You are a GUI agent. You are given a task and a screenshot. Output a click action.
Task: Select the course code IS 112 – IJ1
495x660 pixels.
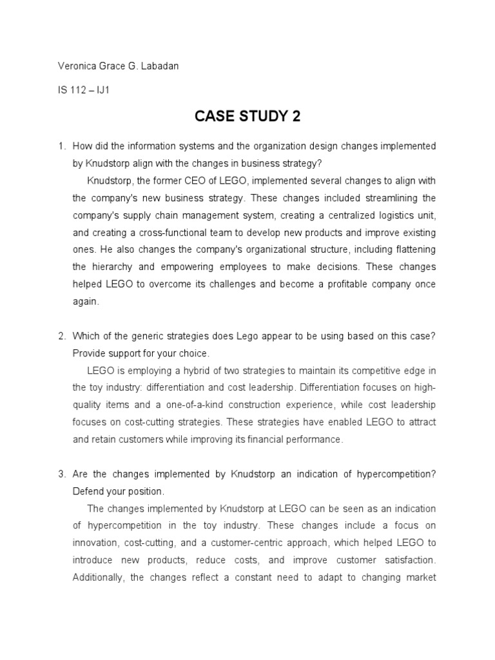coord(84,90)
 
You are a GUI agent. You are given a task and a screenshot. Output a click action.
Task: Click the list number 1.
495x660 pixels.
coord(62,146)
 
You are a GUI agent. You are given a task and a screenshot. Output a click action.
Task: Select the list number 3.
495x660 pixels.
coord(62,474)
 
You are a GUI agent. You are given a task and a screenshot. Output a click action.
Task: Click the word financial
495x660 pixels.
coord(256,440)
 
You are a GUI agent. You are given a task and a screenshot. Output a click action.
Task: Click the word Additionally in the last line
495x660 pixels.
coord(99,577)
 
